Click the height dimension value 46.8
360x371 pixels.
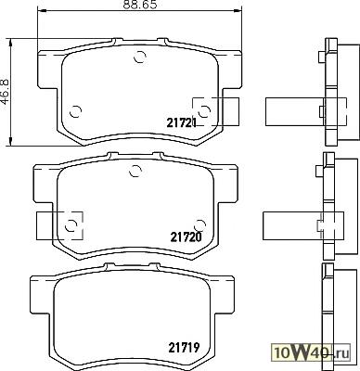point(6,92)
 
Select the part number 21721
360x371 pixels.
point(182,123)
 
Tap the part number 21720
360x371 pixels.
point(186,237)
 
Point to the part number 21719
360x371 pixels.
point(184,349)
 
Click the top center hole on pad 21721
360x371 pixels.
point(140,57)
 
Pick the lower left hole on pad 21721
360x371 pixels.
point(75,111)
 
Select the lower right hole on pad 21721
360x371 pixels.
point(204,111)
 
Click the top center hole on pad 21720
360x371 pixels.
point(135,171)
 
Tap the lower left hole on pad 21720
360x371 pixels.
point(71,225)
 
